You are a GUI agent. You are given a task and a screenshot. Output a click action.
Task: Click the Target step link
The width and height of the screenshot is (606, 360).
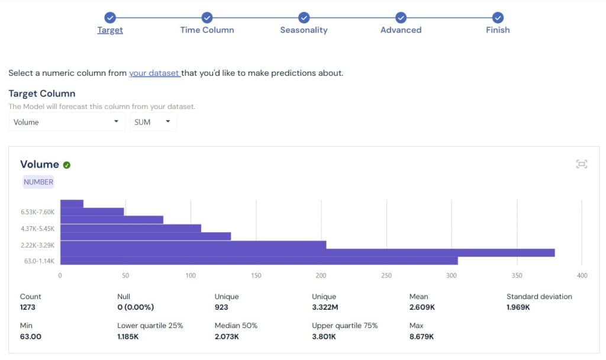pos(110,30)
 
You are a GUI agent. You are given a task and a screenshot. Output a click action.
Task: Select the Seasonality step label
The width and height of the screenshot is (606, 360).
pos(304,30)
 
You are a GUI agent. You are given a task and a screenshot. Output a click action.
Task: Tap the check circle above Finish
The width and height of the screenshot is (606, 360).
pos(498,18)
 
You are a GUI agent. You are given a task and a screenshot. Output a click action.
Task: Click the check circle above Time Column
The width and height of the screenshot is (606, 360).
pos(207,18)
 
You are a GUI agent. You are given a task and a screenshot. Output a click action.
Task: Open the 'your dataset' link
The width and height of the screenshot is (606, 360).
pos(154,73)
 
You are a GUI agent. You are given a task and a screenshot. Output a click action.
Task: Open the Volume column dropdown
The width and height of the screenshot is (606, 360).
pos(67,122)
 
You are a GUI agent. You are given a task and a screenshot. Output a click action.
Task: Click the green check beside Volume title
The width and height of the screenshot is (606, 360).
pos(67,165)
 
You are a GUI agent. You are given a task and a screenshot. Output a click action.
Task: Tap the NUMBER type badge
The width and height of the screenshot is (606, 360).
pos(38,182)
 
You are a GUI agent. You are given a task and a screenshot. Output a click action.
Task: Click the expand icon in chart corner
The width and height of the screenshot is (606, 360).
pos(581,164)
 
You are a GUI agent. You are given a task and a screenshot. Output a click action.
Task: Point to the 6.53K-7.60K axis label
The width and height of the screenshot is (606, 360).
pos(38,212)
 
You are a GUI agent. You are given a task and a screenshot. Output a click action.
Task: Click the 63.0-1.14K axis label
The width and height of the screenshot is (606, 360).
pos(40,261)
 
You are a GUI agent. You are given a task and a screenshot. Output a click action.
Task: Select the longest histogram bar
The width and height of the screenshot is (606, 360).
pos(307,253)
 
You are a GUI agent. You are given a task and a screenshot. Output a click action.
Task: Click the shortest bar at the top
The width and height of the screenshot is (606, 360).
pos(72,204)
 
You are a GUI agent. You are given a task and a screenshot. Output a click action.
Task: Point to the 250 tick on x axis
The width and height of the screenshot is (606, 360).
pos(386,275)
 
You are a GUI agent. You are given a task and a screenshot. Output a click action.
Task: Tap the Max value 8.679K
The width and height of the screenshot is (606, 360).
pos(421,336)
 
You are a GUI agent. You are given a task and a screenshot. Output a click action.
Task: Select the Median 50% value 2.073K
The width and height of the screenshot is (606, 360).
pos(227,336)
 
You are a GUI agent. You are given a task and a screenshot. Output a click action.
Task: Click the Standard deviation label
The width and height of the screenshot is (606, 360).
pos(539,297)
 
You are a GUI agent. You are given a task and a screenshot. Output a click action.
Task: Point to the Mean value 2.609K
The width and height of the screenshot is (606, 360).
pos(423,307)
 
